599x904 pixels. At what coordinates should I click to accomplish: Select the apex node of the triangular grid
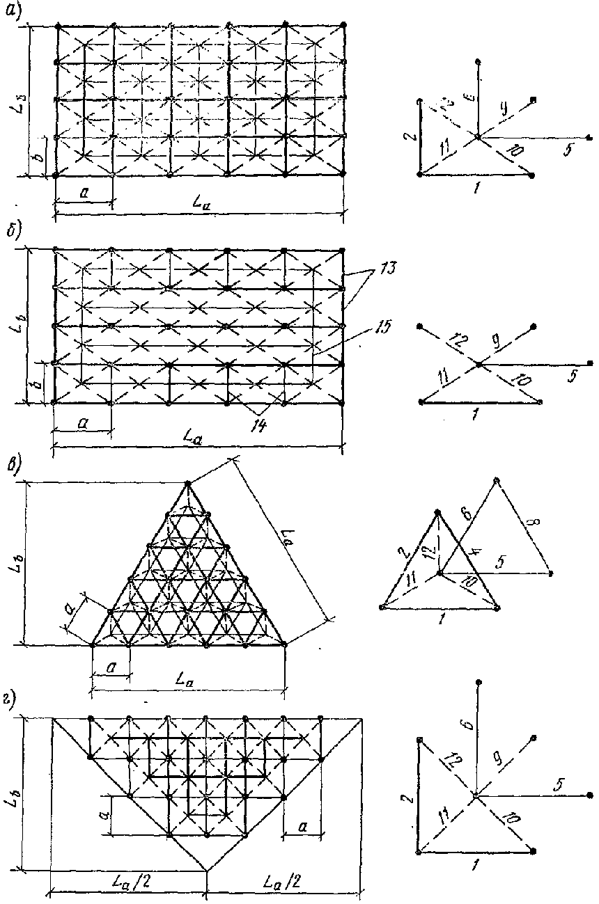187,482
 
